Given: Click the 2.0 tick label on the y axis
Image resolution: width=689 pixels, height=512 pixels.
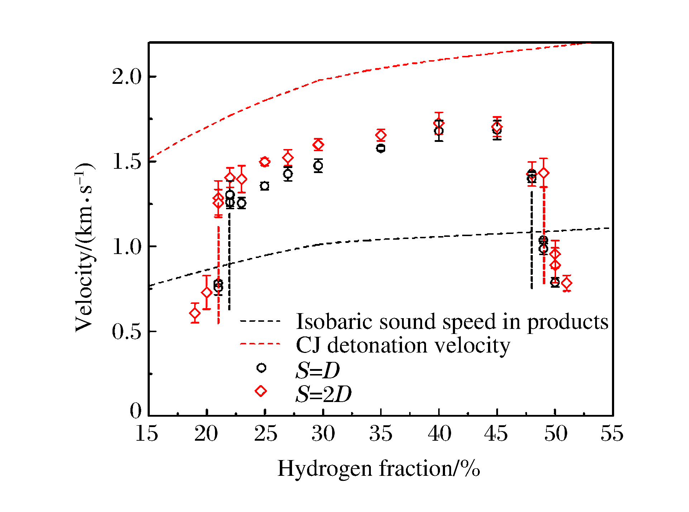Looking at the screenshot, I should tap(126, 77).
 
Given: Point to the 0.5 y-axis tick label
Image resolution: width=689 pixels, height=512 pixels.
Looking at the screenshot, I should tap(126, 332).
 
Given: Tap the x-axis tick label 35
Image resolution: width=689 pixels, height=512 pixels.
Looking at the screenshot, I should tap(381, 434).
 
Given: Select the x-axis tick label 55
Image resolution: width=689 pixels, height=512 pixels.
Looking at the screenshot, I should tap(612, 434).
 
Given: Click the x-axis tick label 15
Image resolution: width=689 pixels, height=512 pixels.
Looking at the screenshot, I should tap(147, 434).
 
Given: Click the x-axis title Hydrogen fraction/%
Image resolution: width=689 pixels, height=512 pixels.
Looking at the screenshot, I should tap(379, 468).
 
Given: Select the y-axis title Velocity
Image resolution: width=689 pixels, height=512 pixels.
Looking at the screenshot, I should tap(85, 247).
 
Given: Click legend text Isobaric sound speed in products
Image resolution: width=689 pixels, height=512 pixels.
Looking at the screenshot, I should tap(452, 321).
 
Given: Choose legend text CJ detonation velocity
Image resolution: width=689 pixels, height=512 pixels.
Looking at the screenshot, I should tap(403, 345).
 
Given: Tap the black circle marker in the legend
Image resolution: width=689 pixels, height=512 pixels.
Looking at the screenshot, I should tap(262, 368).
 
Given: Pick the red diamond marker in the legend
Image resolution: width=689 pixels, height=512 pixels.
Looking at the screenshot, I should tap(261, 391).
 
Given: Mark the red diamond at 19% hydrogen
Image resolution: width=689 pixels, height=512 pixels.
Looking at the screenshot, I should tap(195, 313).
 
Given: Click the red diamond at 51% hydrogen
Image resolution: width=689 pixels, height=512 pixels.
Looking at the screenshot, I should tap(566, 283).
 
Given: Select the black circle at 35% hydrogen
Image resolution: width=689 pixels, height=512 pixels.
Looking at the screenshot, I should tap(381, 148).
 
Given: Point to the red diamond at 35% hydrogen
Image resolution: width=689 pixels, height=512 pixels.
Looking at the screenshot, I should tap(381, 135).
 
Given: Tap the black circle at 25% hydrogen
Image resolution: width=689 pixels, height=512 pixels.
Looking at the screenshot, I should tap(265, 186).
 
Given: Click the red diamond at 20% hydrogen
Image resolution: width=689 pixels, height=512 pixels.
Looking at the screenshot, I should tap(207, 292).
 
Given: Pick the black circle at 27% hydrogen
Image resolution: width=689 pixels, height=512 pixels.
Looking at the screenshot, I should tap(288, 174).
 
